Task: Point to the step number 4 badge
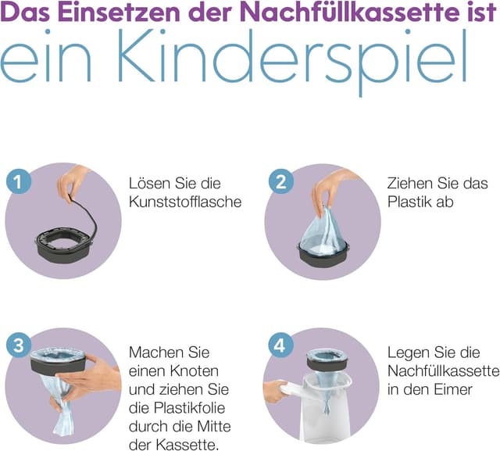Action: pos(278,343)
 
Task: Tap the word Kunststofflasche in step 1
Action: pos(184,202)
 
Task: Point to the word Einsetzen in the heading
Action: pos(104,15)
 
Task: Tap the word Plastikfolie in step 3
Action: pos(187,407)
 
